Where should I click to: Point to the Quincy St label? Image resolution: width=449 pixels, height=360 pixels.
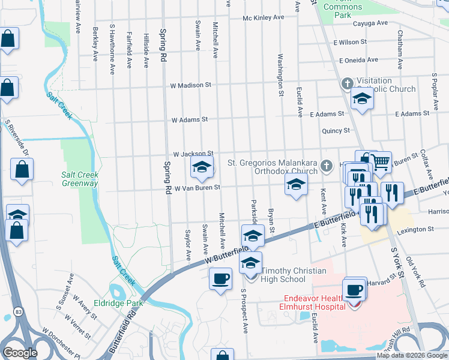(336, 131)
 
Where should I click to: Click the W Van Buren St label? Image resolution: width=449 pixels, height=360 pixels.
(193, 188)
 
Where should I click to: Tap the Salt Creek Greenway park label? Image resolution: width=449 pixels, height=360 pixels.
(80, 179)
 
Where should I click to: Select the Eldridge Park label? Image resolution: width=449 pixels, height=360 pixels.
(118, 303)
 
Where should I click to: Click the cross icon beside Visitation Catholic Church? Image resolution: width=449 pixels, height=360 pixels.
(346, 84)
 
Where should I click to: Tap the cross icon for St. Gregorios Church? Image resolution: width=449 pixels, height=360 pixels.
(325, 165)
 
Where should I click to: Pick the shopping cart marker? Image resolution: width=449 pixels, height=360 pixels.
(379, 162)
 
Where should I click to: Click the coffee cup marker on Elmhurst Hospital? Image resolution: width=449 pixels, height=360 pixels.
(354, 289)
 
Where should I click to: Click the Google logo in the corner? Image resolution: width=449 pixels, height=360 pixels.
(20, 353)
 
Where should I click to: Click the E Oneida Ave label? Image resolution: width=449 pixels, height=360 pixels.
(358, 60)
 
